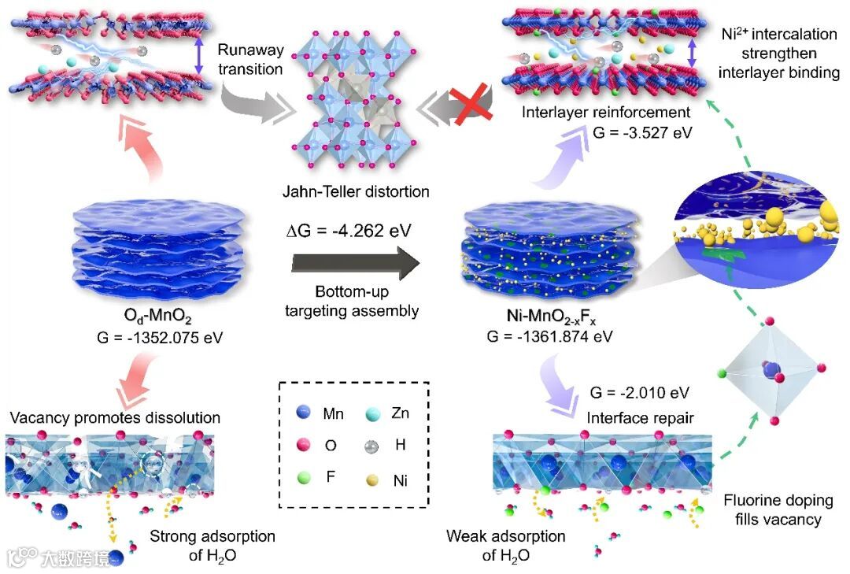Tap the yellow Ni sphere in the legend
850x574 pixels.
pos(371,478)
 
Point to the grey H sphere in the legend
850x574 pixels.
pos(371,444)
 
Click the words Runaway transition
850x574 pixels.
pos(249,59)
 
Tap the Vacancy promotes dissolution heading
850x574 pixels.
pos(115,417)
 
